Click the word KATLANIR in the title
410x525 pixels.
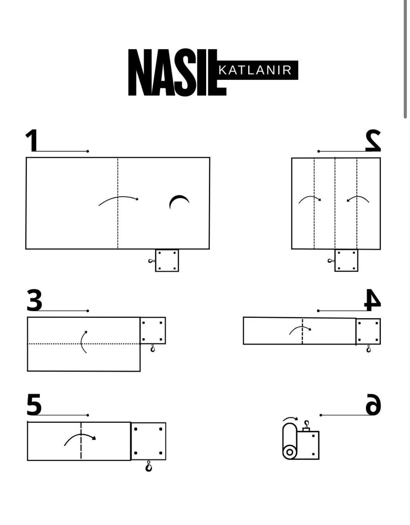tap(255, 70)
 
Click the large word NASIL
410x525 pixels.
tap(177, 72)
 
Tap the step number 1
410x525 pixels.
tap(32, 140)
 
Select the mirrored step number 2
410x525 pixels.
tap(373, 140)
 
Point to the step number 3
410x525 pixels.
tap(34, 300)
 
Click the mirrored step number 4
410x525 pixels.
tap(372, 300)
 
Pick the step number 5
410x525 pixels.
tap(34, 404)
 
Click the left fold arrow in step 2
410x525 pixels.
tap(310, 199)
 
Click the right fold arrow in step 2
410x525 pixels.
tap(358, 199)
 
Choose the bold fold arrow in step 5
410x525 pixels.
tap(80, 438)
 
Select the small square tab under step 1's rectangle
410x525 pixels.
tap(167, 261)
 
